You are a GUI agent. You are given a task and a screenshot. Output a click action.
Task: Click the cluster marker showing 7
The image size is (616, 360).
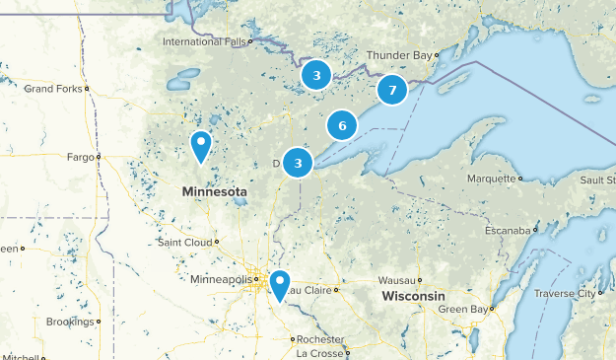(392, 91)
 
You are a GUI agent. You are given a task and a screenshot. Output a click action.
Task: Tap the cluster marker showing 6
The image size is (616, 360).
(341, 125)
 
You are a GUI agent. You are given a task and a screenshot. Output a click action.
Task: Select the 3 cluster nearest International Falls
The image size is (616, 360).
(315, 75)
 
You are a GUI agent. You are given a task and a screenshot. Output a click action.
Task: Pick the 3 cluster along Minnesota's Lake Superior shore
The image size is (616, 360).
(298, 163)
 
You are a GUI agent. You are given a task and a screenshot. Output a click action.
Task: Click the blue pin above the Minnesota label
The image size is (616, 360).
(201, 146)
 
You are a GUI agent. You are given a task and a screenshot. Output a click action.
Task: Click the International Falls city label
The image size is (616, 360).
(205, 42)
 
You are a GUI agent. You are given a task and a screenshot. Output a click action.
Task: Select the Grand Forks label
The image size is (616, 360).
(53, 89)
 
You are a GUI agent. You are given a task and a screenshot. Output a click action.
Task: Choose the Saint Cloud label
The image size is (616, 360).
(184, 242)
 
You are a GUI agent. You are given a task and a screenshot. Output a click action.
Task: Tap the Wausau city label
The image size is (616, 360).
(395, 279)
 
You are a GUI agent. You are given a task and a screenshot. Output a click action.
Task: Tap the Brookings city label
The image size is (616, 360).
(70, 322)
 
